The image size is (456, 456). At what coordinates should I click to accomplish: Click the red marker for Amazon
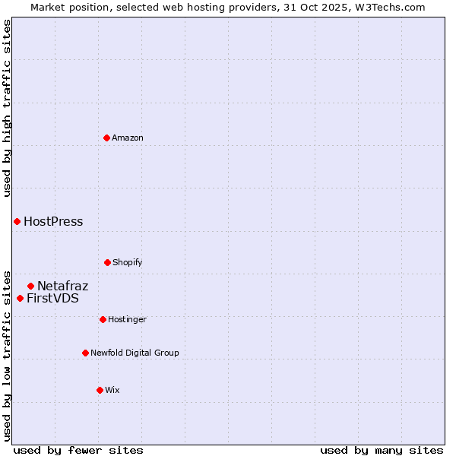106,138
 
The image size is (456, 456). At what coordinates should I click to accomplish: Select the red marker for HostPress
17,221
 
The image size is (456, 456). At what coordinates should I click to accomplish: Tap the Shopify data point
107,262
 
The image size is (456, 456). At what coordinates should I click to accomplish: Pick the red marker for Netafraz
30,286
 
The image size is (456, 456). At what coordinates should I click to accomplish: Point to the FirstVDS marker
20,298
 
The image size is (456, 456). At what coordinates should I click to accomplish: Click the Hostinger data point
103,319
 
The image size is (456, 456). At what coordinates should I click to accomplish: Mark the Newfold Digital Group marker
85,353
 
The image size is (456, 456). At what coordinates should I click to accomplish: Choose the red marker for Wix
100,390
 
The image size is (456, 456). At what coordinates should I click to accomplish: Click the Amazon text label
128,138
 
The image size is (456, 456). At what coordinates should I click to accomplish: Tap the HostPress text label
53,222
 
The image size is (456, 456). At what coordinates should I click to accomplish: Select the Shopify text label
128,262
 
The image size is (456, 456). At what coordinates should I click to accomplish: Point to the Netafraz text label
63,287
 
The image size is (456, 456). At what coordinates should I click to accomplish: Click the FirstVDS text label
52,299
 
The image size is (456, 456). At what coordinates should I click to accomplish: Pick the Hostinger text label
127,319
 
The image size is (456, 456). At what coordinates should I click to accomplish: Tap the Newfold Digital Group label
135,353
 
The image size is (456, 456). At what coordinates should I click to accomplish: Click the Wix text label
112,390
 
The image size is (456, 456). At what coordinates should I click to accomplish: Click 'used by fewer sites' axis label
78,450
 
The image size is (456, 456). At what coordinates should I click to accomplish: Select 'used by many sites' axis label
382,450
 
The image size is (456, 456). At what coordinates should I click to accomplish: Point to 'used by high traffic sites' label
7,108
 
